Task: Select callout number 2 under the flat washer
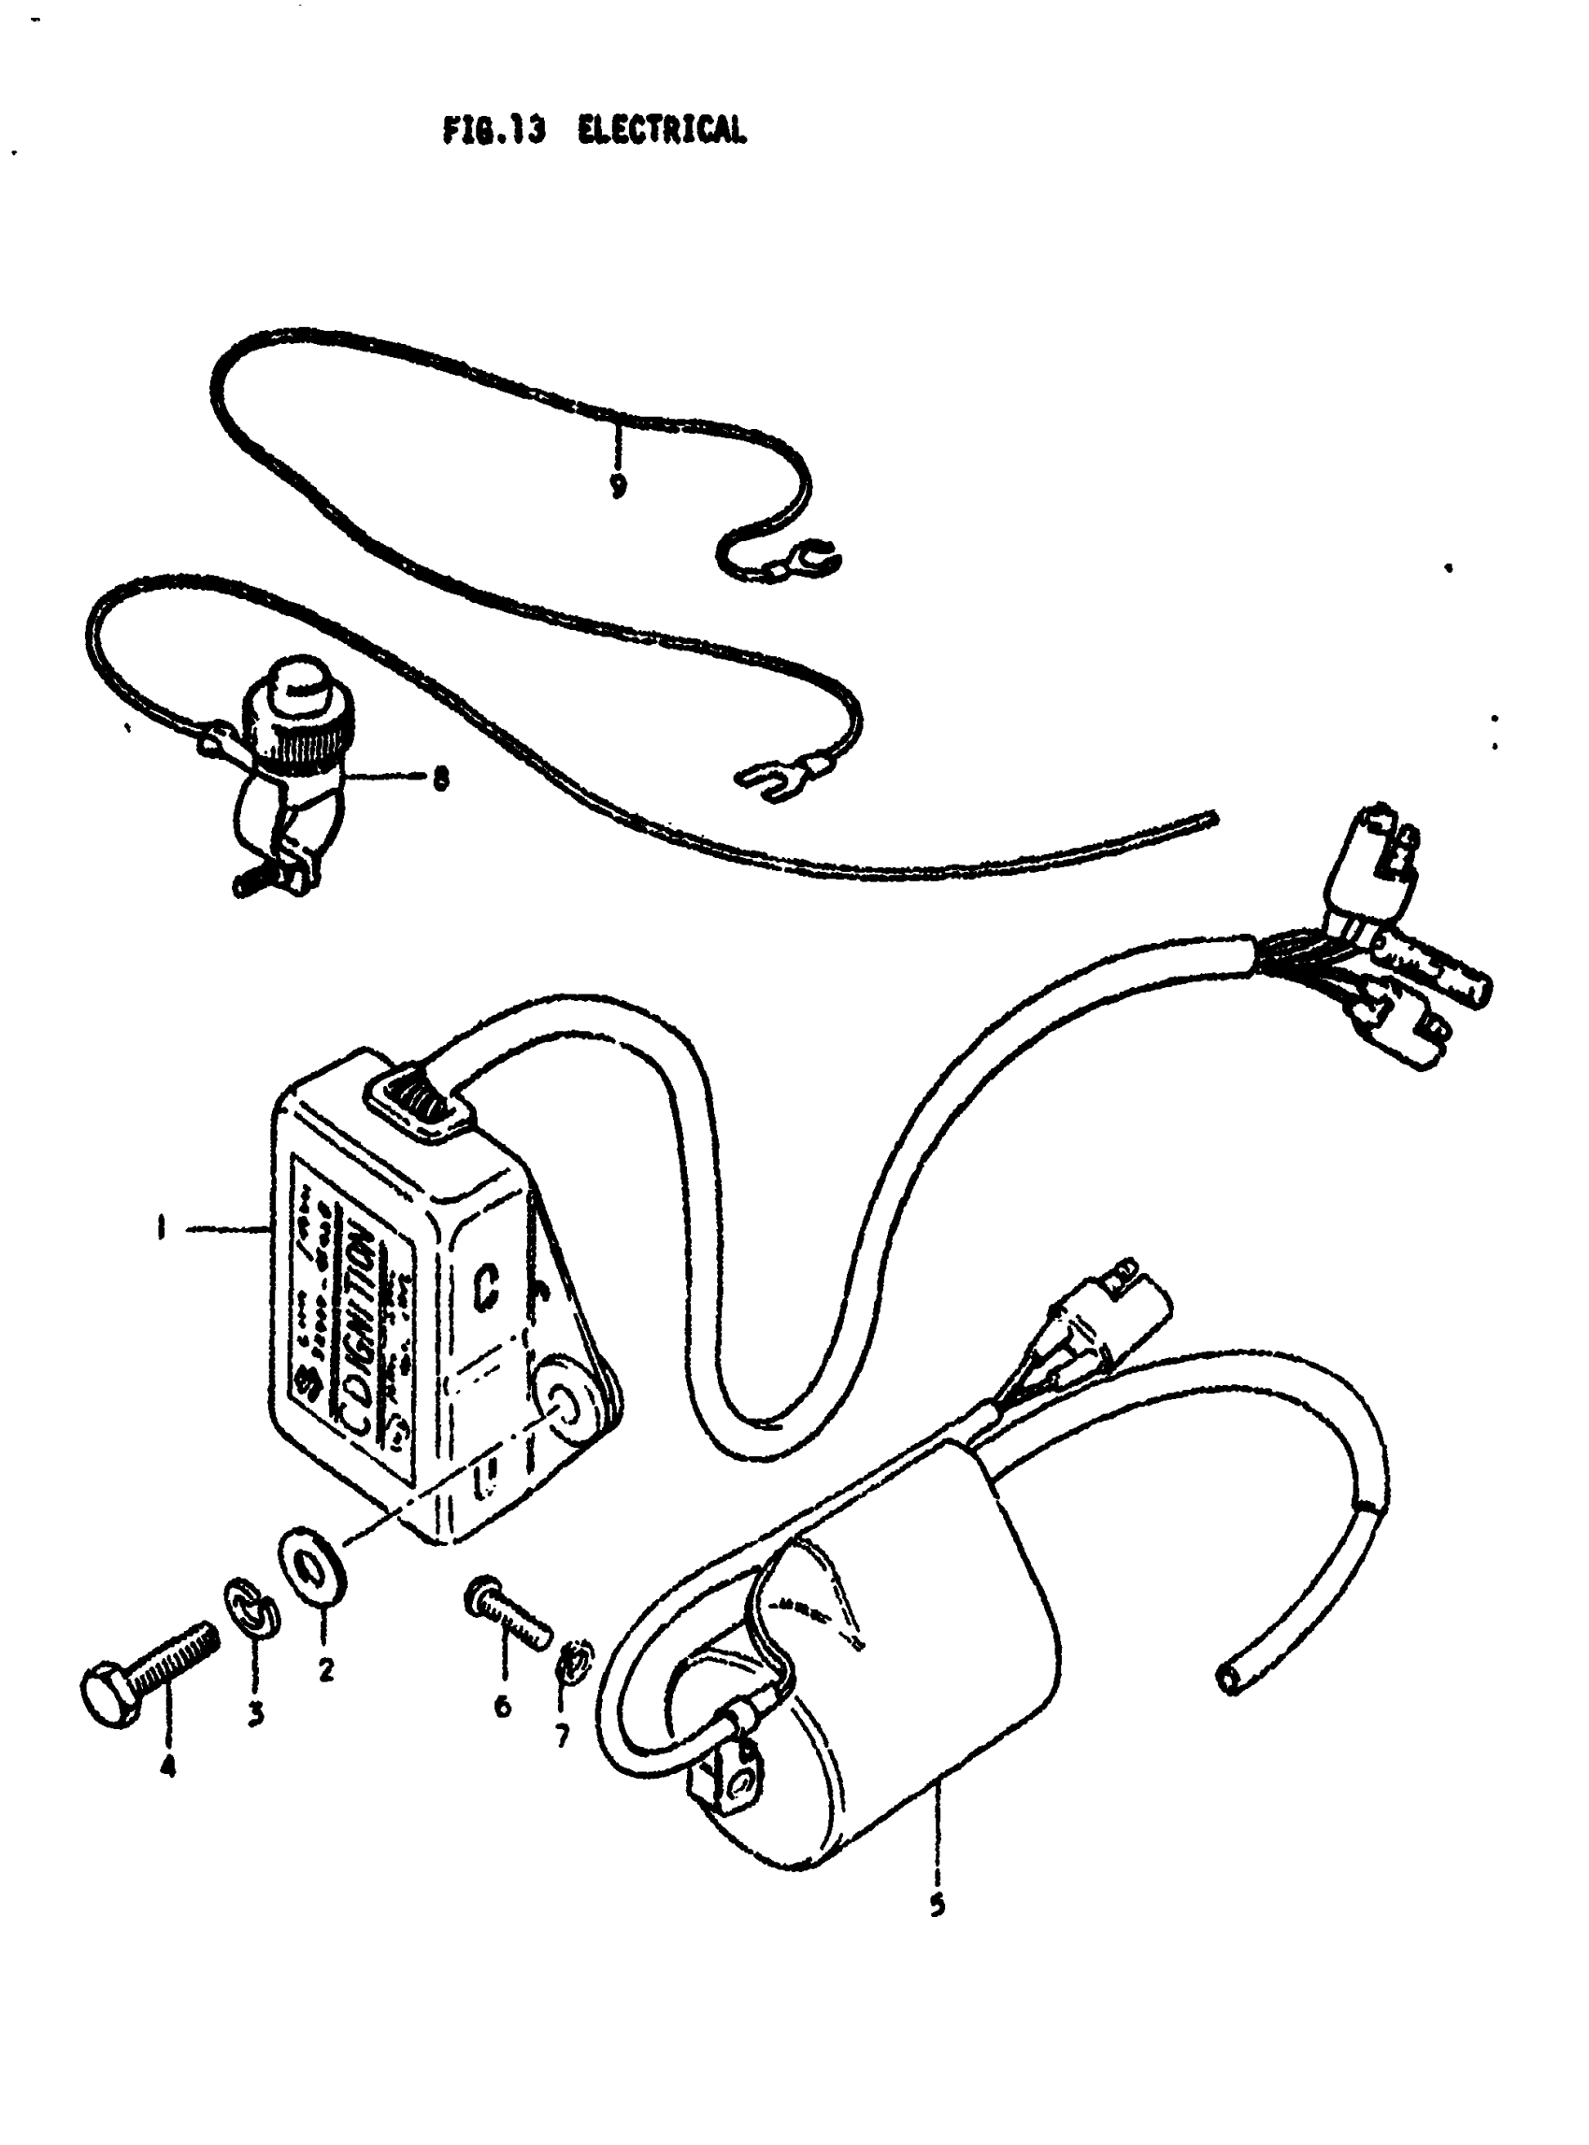(326, 1670)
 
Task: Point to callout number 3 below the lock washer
(255, 1713)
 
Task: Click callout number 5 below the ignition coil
(938, 1905)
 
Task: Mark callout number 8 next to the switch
(439, 781)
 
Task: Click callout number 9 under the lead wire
(618, 485)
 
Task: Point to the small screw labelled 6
(507, 1618)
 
